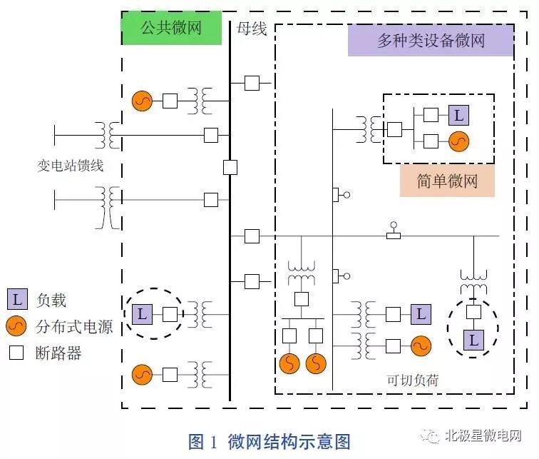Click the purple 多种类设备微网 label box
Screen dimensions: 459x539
click(x=431, y=40)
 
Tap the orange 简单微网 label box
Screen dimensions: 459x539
click(x=447, y=181)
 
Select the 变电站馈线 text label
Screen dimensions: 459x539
click(x=71, y=166)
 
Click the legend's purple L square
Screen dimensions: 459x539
click(x=19, y=301)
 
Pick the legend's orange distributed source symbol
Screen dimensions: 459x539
click(x=19, y=327)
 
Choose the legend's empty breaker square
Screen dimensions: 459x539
click(x=19, y=352)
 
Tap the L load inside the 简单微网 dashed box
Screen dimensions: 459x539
click(x=459, y=114)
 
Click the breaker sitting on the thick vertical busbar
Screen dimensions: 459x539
click(x=230, y=167)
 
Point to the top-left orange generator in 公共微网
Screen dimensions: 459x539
click(x=142, y=101)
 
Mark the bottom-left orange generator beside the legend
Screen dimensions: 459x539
click(x=142, y=373)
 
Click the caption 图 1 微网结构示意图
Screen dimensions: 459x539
click(x=269, y=441)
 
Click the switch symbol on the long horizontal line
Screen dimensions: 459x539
click(x=393, y=233)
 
